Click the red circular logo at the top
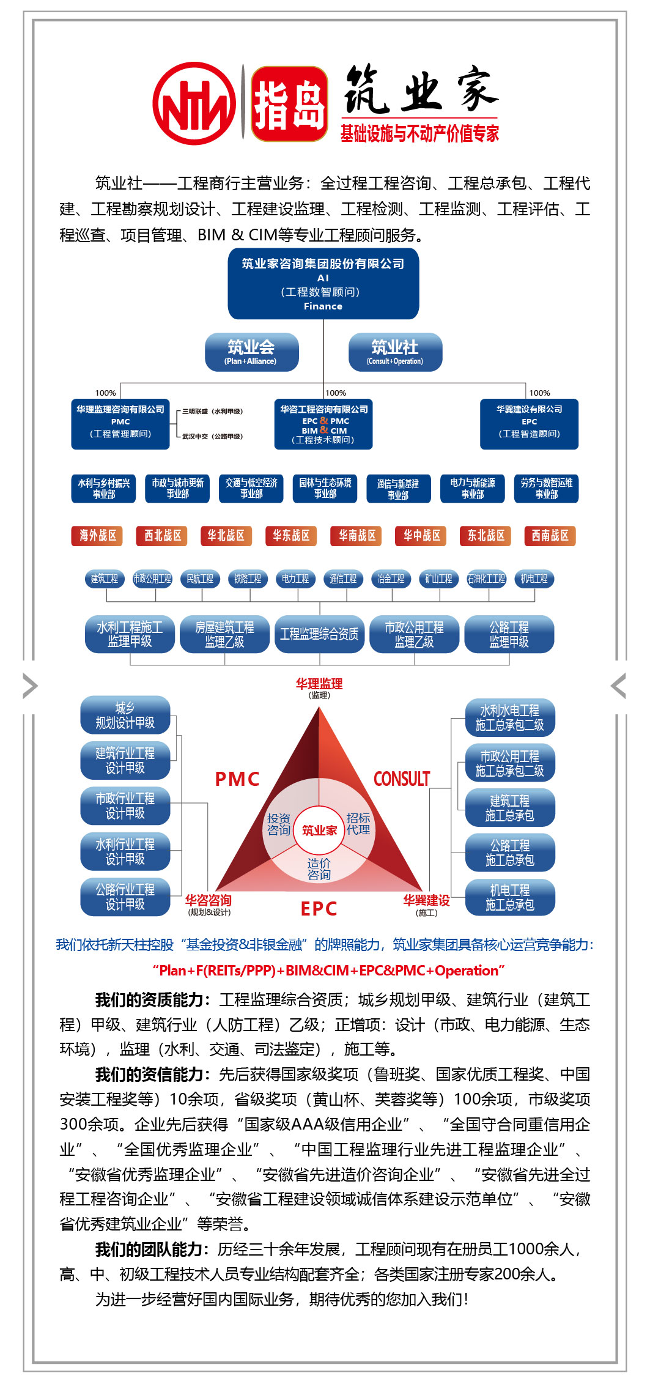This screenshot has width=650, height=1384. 194,103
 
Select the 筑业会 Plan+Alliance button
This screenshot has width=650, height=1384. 251,352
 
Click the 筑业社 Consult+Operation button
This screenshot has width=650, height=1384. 395,352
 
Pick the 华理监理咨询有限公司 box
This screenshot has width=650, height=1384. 120,423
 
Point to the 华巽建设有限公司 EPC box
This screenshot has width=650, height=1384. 529,423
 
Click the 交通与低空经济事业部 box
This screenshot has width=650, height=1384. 251,488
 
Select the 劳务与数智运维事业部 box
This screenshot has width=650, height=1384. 546,488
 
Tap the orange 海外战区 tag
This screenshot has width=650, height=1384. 97,536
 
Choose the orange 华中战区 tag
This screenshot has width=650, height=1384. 422,536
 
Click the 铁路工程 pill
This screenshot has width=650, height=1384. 248,579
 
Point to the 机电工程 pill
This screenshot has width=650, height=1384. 534,579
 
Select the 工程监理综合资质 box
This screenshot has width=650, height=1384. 319,634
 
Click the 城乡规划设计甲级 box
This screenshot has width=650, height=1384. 125,715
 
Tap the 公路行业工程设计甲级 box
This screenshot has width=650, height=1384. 125,897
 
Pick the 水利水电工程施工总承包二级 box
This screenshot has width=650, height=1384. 509,717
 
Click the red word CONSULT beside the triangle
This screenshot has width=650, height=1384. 402,779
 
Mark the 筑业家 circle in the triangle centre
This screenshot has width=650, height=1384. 319,830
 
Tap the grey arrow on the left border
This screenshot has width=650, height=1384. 29,686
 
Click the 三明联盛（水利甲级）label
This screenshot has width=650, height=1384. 212,412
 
